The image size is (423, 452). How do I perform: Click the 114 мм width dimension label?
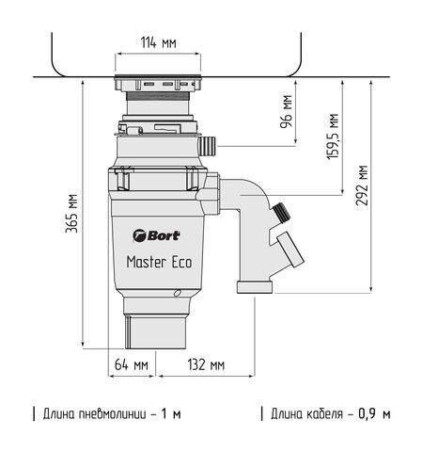coord(157,42)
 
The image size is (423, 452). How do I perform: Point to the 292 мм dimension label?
coord(364,184)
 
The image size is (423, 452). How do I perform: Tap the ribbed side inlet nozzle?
coord(210,147)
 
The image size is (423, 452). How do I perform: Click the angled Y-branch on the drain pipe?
coord(288,250)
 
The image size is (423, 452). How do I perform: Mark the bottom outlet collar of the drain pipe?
coord(255,285)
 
